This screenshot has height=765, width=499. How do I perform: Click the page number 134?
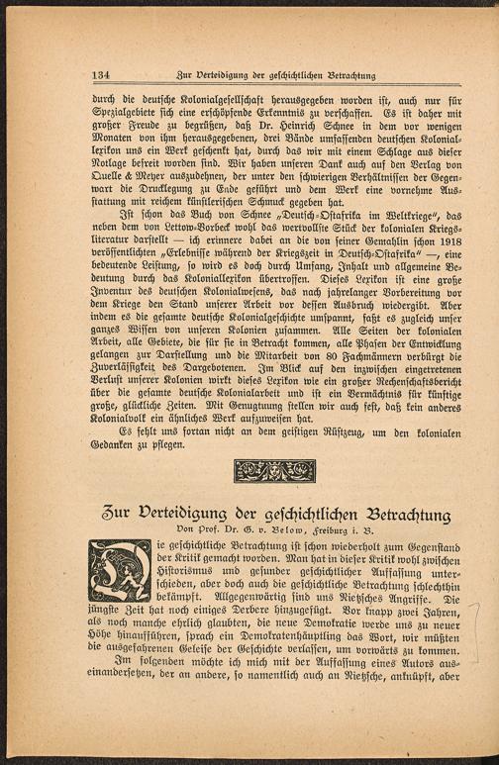pyautogui.click(x=100, y=75)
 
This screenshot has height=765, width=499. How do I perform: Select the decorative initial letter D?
pyautogui.click(x=121, y=570)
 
